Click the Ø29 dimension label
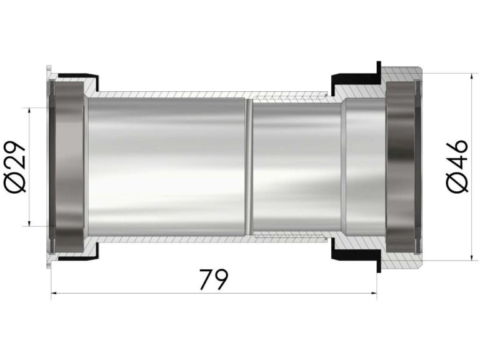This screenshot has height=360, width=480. (x=15, y=167)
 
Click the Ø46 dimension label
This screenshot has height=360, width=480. (x=457, y=166)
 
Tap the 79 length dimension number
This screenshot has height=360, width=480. (x=214, y=279)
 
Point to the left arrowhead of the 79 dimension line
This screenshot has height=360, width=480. (x=54, y=293)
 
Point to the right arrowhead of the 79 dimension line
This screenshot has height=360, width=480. (x=374, y=293)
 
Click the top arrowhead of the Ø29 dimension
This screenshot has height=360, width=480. (x=29, y=111)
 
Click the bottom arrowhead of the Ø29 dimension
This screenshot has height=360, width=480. (x=29, y=223)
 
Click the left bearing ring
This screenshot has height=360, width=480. (x=68, y=167)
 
